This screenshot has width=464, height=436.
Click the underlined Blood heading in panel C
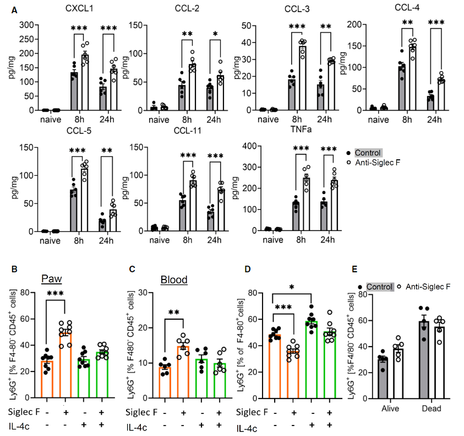pos(174,279)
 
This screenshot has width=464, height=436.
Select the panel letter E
pos(355,270)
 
